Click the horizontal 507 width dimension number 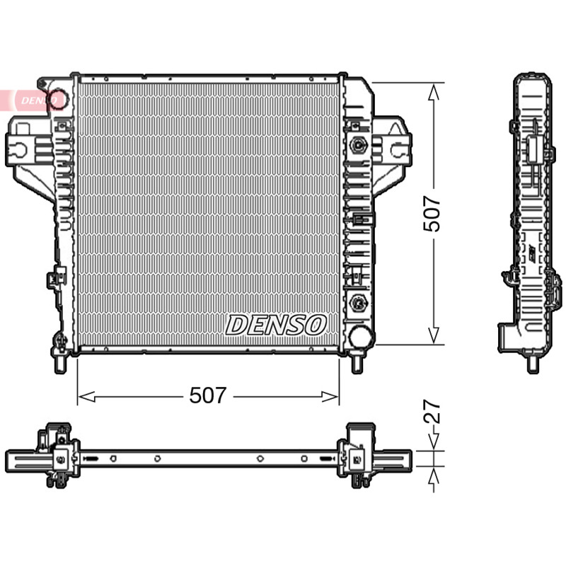[208, 395]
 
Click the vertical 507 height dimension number [432, 214]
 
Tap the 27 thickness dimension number [432, 411]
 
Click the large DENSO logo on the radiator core [276, 325]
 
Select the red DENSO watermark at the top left [33, 100]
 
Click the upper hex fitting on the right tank [358, 145]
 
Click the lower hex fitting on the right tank [358, 302]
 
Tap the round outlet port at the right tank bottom [360, 336]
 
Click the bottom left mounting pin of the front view [60, 364]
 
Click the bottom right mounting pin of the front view [357, 363]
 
